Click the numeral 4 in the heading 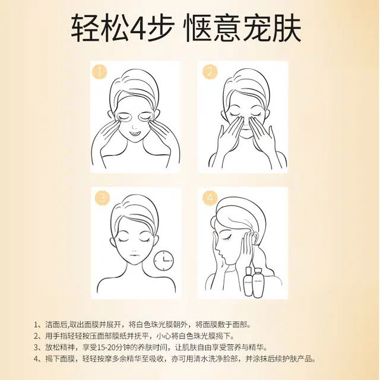(137, 28)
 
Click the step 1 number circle (99, 72)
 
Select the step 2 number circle (210, 72)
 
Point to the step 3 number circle (102, 198)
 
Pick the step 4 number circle (210, 198)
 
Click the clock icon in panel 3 (164, 261)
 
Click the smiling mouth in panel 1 (135, 134)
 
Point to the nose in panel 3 (134, 249)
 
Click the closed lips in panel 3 (134, 256)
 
